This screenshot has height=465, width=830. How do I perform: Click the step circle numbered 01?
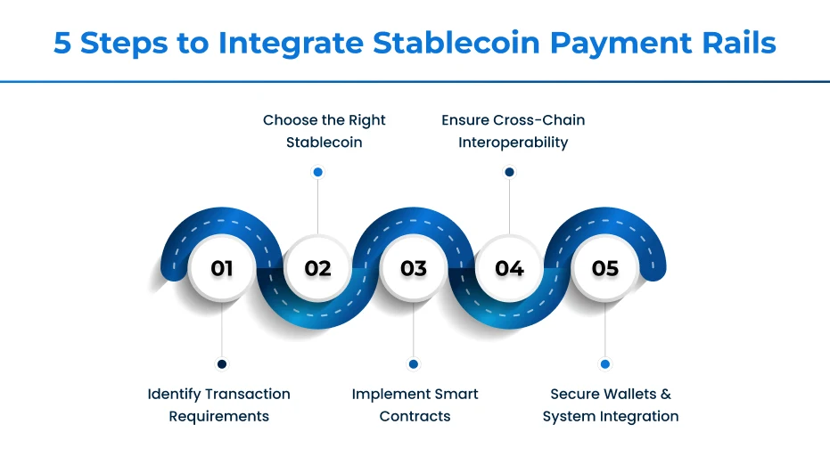point(222,268)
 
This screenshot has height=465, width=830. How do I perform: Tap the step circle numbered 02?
point(317,268)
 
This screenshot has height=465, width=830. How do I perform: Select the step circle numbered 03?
point(414,268)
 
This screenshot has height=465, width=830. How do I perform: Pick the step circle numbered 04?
point(509,268)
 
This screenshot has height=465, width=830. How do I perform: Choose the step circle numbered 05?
point(605,268)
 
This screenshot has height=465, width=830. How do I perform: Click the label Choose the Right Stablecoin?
point(324,131)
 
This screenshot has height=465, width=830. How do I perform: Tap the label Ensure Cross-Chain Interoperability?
point(513,131)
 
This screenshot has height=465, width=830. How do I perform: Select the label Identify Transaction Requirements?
point(218,404)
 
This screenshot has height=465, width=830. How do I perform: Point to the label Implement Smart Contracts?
point(415,404)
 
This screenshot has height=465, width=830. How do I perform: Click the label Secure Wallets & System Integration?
point(610,404)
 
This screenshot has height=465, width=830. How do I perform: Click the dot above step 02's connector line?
point(317,172)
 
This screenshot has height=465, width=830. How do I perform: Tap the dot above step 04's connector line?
point(509,172)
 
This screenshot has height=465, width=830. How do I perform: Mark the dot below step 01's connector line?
point(222,363)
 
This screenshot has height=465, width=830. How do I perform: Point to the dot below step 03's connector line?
point(413,363)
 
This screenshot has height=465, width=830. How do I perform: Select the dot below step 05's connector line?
point(605,363)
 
